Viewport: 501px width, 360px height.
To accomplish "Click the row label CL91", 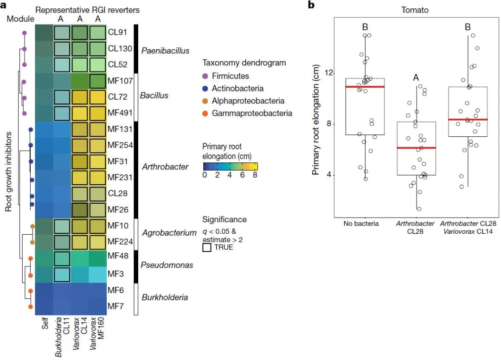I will (117, 32).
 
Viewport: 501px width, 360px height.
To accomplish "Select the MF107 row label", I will (120, 80).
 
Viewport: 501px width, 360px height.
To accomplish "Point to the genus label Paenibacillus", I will (166, 51).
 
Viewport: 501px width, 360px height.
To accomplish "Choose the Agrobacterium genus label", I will (168, 233).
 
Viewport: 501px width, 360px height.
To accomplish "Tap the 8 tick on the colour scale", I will (255, 175).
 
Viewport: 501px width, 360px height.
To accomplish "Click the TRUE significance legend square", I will (207, 248).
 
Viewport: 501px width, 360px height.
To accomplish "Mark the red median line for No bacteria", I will (365, 87).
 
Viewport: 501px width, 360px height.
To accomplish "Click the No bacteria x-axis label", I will (361, 224).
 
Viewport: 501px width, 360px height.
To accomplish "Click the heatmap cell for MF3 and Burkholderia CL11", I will (62, 274).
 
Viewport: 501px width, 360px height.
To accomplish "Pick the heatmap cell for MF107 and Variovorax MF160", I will (97, 81).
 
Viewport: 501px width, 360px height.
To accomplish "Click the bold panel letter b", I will (312, 5).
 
